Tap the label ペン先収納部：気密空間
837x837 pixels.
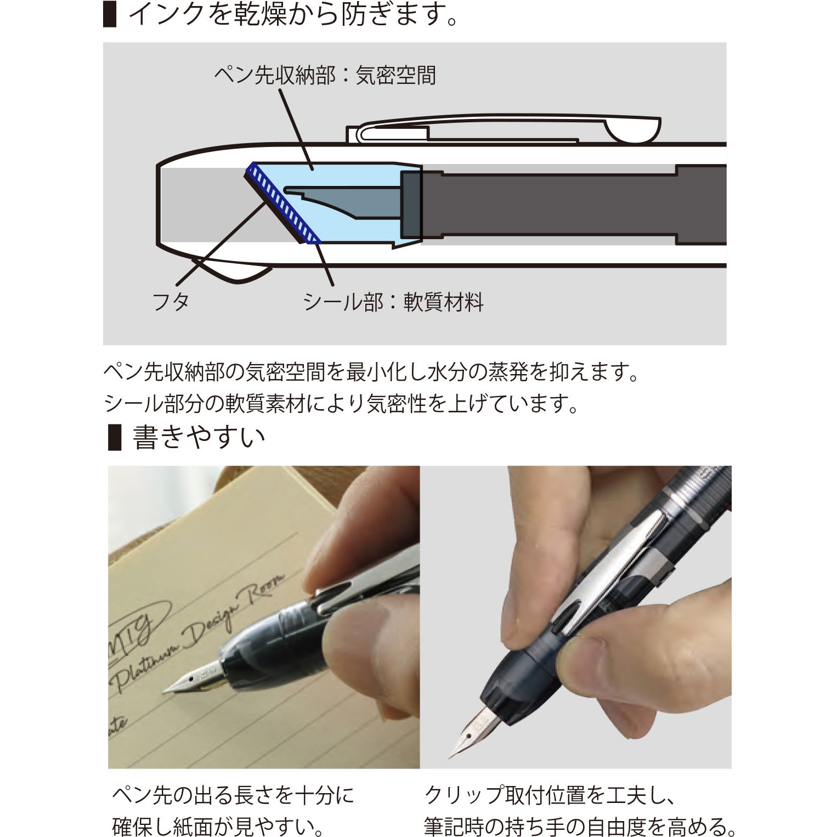[325, 75]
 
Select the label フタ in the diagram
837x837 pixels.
[171, 302]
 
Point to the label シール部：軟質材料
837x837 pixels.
[393, 302]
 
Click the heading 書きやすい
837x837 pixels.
[199, 437]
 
